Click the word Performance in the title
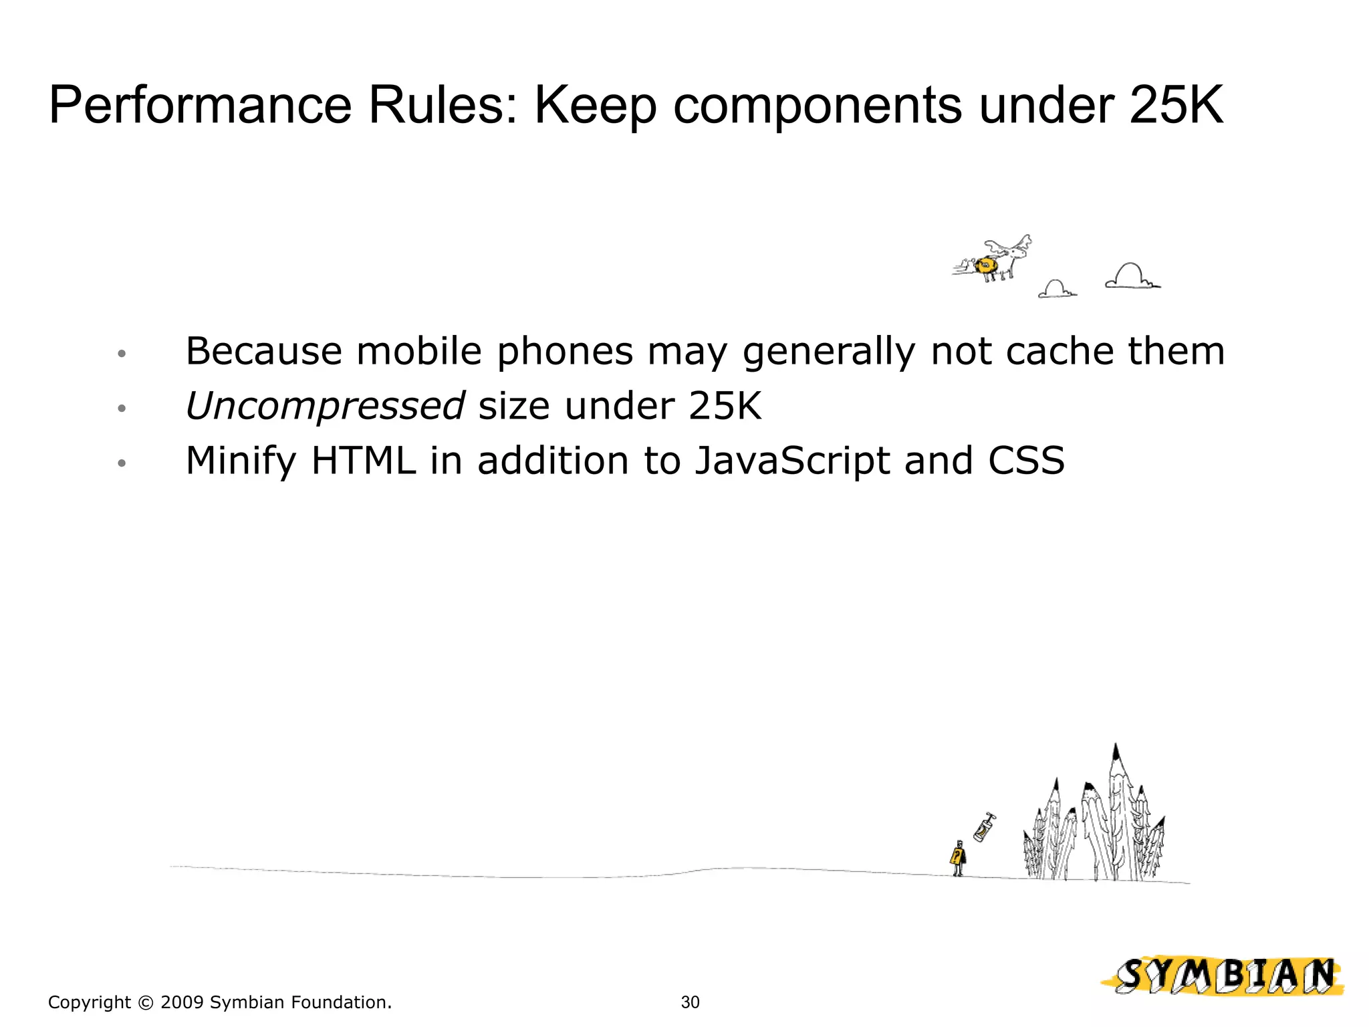coord(200,106)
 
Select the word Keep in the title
coord(594,106)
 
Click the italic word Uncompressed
coord(324,406)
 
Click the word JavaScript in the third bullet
coord(792,461)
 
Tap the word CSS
coord(1026,461)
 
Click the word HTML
coord(364,461)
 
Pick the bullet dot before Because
coord(121,353)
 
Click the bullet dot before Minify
coord(121,463)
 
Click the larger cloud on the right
coord(1132,276)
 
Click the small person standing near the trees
coord(958,858)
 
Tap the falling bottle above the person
coord(983,828)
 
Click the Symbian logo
coord(1223,976)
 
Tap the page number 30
coord(690,1002)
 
